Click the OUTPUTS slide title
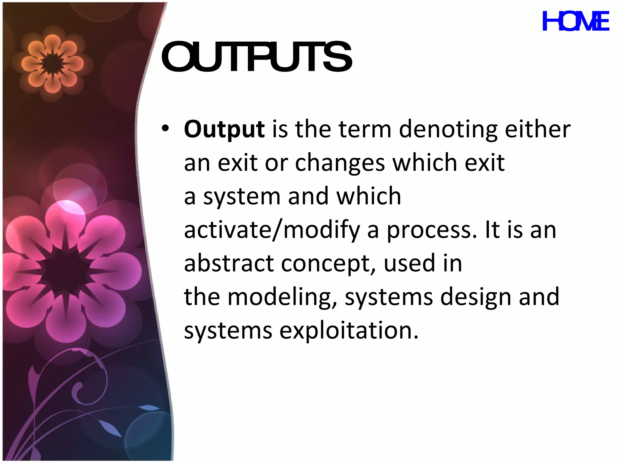[256, 57]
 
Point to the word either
[537, 129]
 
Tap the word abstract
[229, 263]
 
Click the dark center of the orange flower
[52, 64]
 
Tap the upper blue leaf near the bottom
[149, 408]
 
